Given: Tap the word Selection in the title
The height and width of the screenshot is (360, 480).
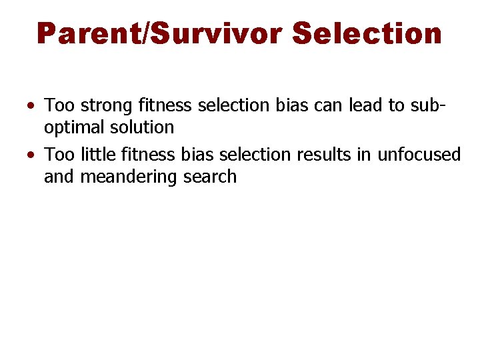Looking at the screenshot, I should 367,33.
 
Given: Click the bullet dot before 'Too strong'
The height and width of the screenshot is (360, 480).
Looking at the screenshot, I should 32,105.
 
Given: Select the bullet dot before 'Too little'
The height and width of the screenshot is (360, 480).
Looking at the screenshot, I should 32,155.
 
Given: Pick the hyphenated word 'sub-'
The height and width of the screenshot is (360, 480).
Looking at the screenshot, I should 432,105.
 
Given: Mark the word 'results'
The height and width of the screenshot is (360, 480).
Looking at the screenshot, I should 323,155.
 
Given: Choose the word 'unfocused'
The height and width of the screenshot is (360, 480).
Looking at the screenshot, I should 419,155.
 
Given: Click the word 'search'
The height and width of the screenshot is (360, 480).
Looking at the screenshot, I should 210,177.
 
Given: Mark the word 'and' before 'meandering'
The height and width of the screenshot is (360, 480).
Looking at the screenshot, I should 59,177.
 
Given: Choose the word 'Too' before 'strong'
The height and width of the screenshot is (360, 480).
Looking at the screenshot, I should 59,105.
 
